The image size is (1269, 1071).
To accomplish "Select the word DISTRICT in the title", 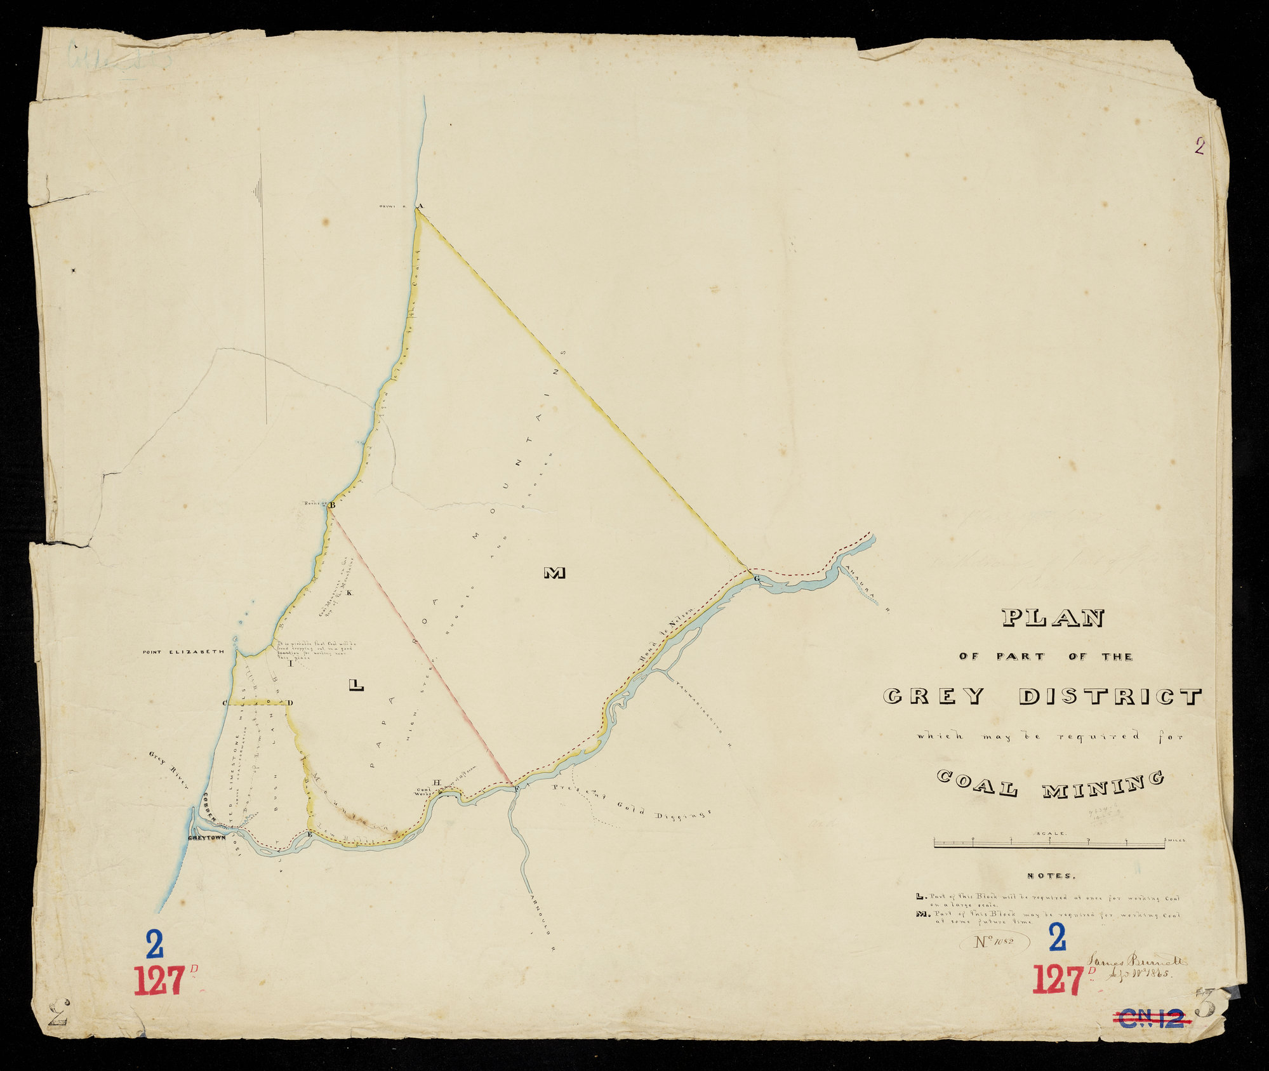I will [x=1110, y=696].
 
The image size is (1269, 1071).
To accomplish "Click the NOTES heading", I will [x=1051, y=876].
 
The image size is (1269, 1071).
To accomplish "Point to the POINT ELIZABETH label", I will [x=183, y=651].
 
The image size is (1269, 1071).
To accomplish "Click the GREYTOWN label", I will [x=207, y=838].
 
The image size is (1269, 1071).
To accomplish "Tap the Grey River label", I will [x=169, y=769].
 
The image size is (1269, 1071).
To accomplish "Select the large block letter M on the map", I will [x=554, y=573].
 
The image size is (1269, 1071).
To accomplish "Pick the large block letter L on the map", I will [x=356, y=684].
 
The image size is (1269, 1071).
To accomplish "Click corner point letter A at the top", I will [x=419, y=206].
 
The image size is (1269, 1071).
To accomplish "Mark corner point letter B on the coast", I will [x=331, y=505].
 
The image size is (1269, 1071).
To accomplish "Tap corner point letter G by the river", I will [x=757, y=578].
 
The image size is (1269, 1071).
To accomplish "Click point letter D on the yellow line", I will [x=290, y=703].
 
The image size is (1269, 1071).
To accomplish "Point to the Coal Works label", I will [x=422, y=791].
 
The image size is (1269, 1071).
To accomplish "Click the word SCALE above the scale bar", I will [x=1051, y=833].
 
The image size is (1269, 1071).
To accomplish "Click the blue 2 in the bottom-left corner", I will [x=154, y=944].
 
